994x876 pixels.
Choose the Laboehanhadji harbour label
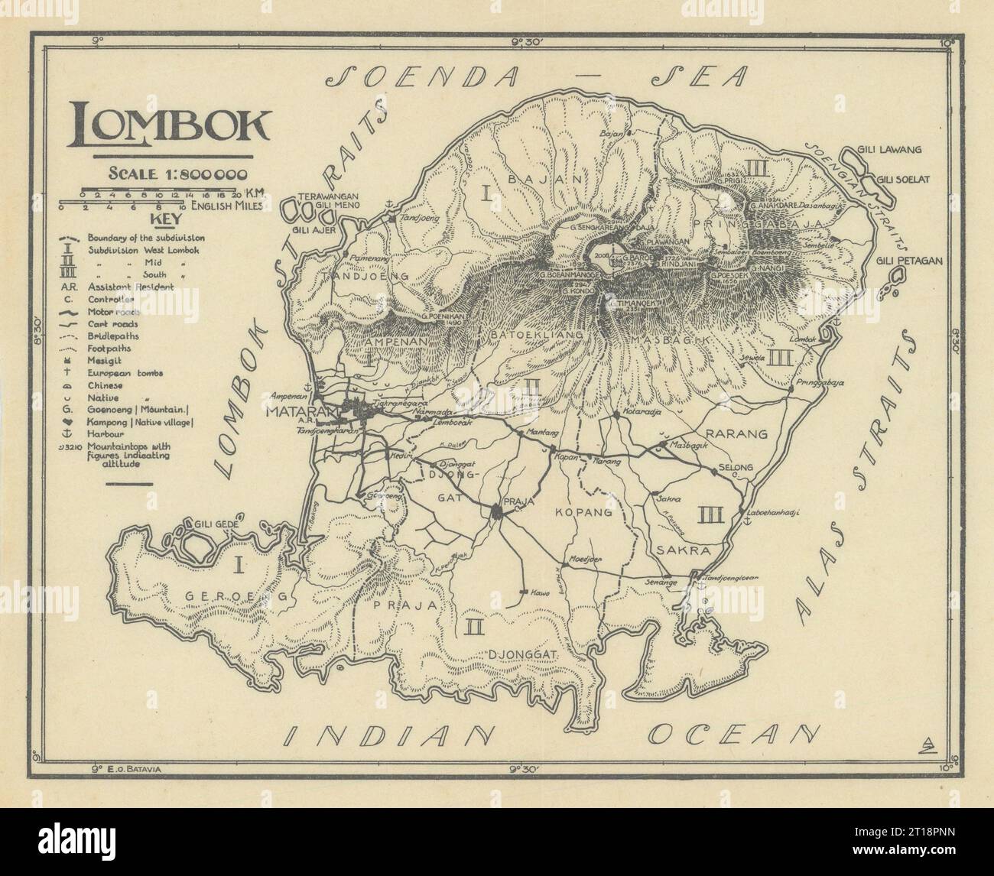(775, 514)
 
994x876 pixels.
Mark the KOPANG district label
(585, 513)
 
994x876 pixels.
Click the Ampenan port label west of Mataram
(287, 396)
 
